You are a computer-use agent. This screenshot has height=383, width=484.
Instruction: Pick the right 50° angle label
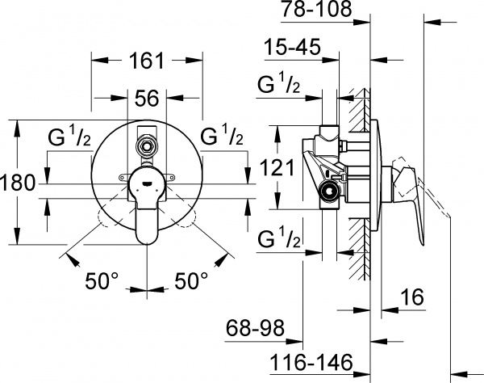pyautogui.click(x=191, y=282)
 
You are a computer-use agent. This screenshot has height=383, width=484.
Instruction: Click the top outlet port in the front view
pyautogui.click(x=146, y=146)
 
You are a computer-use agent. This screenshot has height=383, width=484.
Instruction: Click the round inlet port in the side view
pyautogui.click(x=328, y=191)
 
